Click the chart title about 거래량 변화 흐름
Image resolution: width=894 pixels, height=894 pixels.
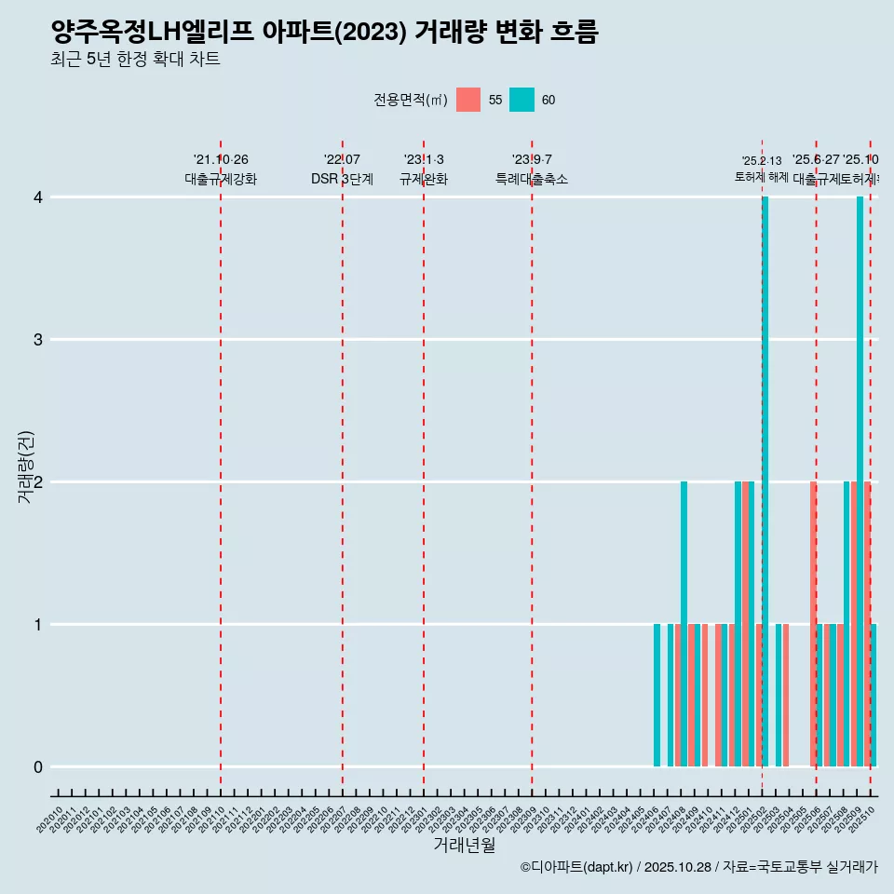point(324,33)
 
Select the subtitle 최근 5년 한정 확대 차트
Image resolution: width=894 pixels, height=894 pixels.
point(135,61)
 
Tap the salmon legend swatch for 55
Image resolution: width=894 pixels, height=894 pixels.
point(468,100)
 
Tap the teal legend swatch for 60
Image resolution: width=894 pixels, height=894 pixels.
point(521,100)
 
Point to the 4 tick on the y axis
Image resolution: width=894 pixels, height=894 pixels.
point(38,197)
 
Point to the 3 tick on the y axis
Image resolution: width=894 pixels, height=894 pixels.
point(38,340)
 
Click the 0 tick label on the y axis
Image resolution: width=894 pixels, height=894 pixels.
point(38,767)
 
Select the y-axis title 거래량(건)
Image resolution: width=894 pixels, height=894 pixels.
point(26,467)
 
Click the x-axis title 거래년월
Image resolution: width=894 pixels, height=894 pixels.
point(464,845)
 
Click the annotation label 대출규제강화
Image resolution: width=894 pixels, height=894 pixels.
point(221,180)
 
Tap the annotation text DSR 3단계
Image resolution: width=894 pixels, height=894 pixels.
point(342,180)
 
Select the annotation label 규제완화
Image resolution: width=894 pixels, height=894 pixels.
point(424,180)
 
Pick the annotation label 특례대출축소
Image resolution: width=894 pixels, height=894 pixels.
point(531,180)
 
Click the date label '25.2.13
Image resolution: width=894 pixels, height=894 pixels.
point(762,161)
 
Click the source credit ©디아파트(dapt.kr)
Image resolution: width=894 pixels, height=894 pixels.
point(577,868)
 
